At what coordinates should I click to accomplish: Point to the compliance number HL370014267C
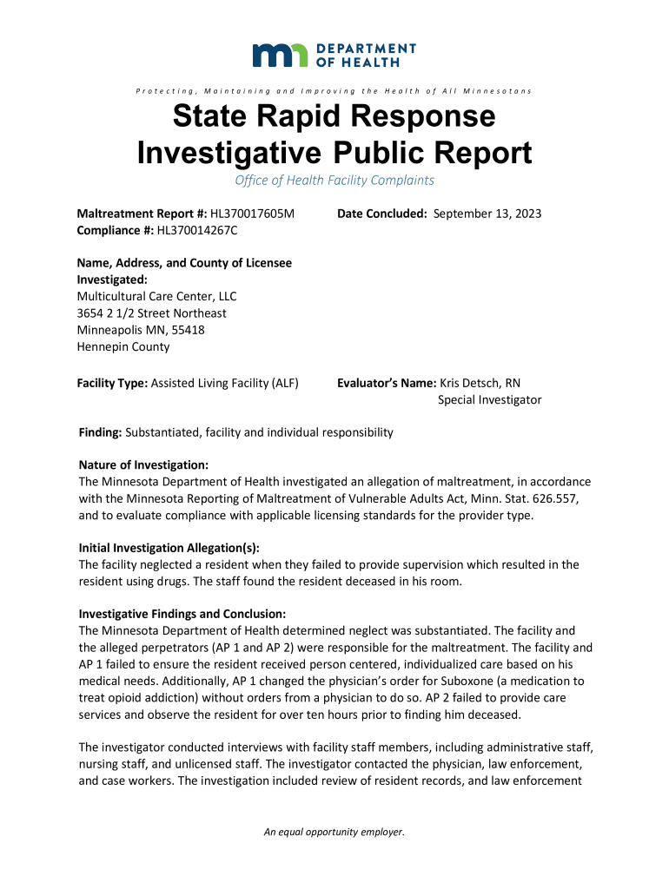pyautogui.click(x=196, y=230)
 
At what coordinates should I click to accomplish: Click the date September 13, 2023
pyautogui.click(x=487, y=214)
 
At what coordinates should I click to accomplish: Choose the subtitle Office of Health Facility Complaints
pyautogui.click(x=334, y=181)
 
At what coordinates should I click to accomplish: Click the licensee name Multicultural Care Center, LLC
pyautogui.click(x=156, y=296)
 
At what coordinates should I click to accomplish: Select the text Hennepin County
pyautogui.click(x=123, y=346)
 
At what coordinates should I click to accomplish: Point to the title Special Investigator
pyautogui.click(x=489, y=399)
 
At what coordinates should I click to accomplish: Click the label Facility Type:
pyautogui.click(x=113, y=383)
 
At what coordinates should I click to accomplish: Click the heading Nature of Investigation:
pyautogui.click(x=143, y=465)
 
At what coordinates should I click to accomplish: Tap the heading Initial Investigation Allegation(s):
pyautogui.click(x=169, y=548)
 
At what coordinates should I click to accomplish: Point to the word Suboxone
pyautogui.click(x=468, y=681)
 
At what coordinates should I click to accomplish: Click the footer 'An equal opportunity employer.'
pyautogui.click(x=334, y=833)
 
